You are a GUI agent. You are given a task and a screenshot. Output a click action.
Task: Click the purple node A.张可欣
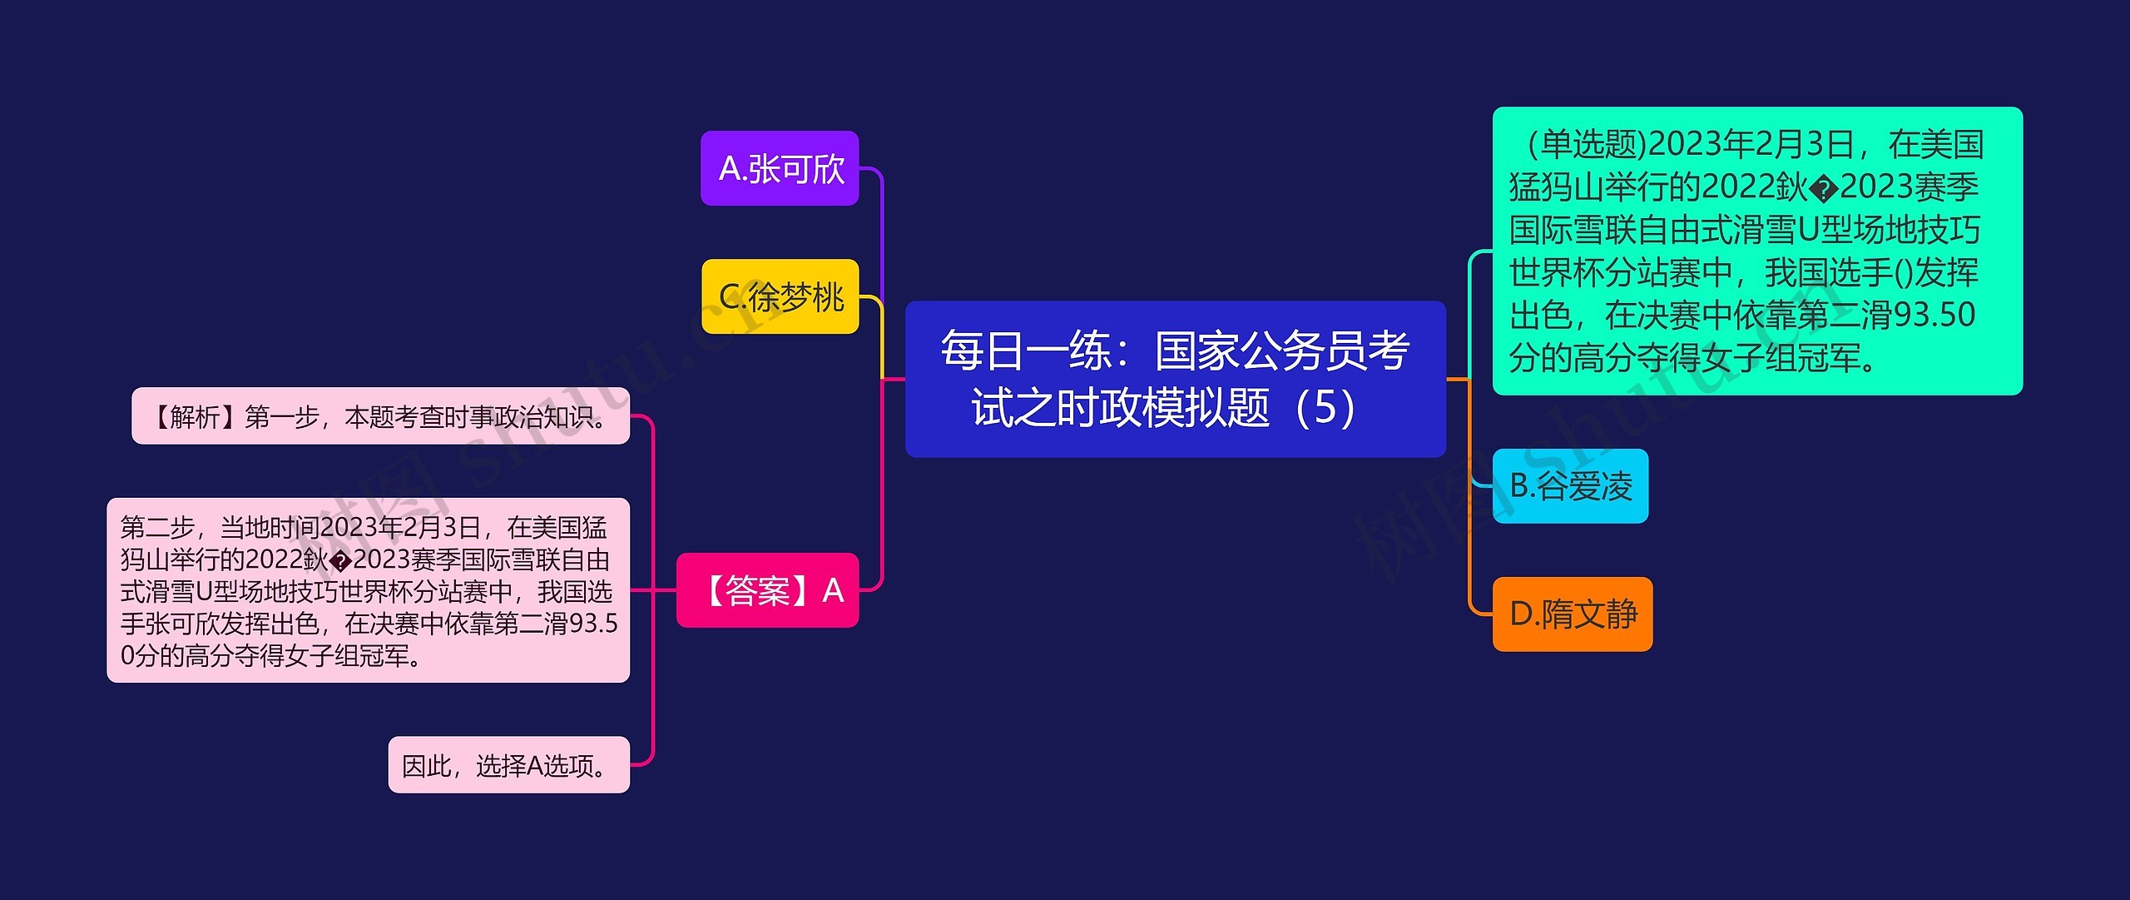(x=780, y=168)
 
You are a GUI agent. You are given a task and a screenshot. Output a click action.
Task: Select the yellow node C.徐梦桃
(x=780, y=296)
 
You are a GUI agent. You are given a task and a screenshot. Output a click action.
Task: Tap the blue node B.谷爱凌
(x=1570, y=486)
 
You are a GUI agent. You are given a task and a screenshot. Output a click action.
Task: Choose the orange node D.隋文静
(x=1572, y=614)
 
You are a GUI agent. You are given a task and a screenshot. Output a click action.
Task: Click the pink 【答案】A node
(x=767, y=590)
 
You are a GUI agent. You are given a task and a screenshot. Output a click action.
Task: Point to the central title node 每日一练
(x=1175, y=379)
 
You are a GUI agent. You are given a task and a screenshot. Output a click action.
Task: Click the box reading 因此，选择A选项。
(x=508, y=764)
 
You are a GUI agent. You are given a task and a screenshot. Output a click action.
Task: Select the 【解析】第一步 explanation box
(x=380, y=416)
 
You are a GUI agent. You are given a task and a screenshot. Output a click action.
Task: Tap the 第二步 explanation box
(x=368, y=590)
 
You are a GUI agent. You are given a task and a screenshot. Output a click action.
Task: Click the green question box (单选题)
(x=1757, y=251)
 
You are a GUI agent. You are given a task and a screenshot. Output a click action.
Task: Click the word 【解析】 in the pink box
(x=195, y=416)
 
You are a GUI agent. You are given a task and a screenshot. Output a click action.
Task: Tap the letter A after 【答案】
(x=833, y=591)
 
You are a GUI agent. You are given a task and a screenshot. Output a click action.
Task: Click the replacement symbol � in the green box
(x=1824, y=189)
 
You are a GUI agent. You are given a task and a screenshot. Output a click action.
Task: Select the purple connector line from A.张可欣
(x=881, y=233)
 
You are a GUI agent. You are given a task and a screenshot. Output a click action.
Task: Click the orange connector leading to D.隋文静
(x=1470, y=516)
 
